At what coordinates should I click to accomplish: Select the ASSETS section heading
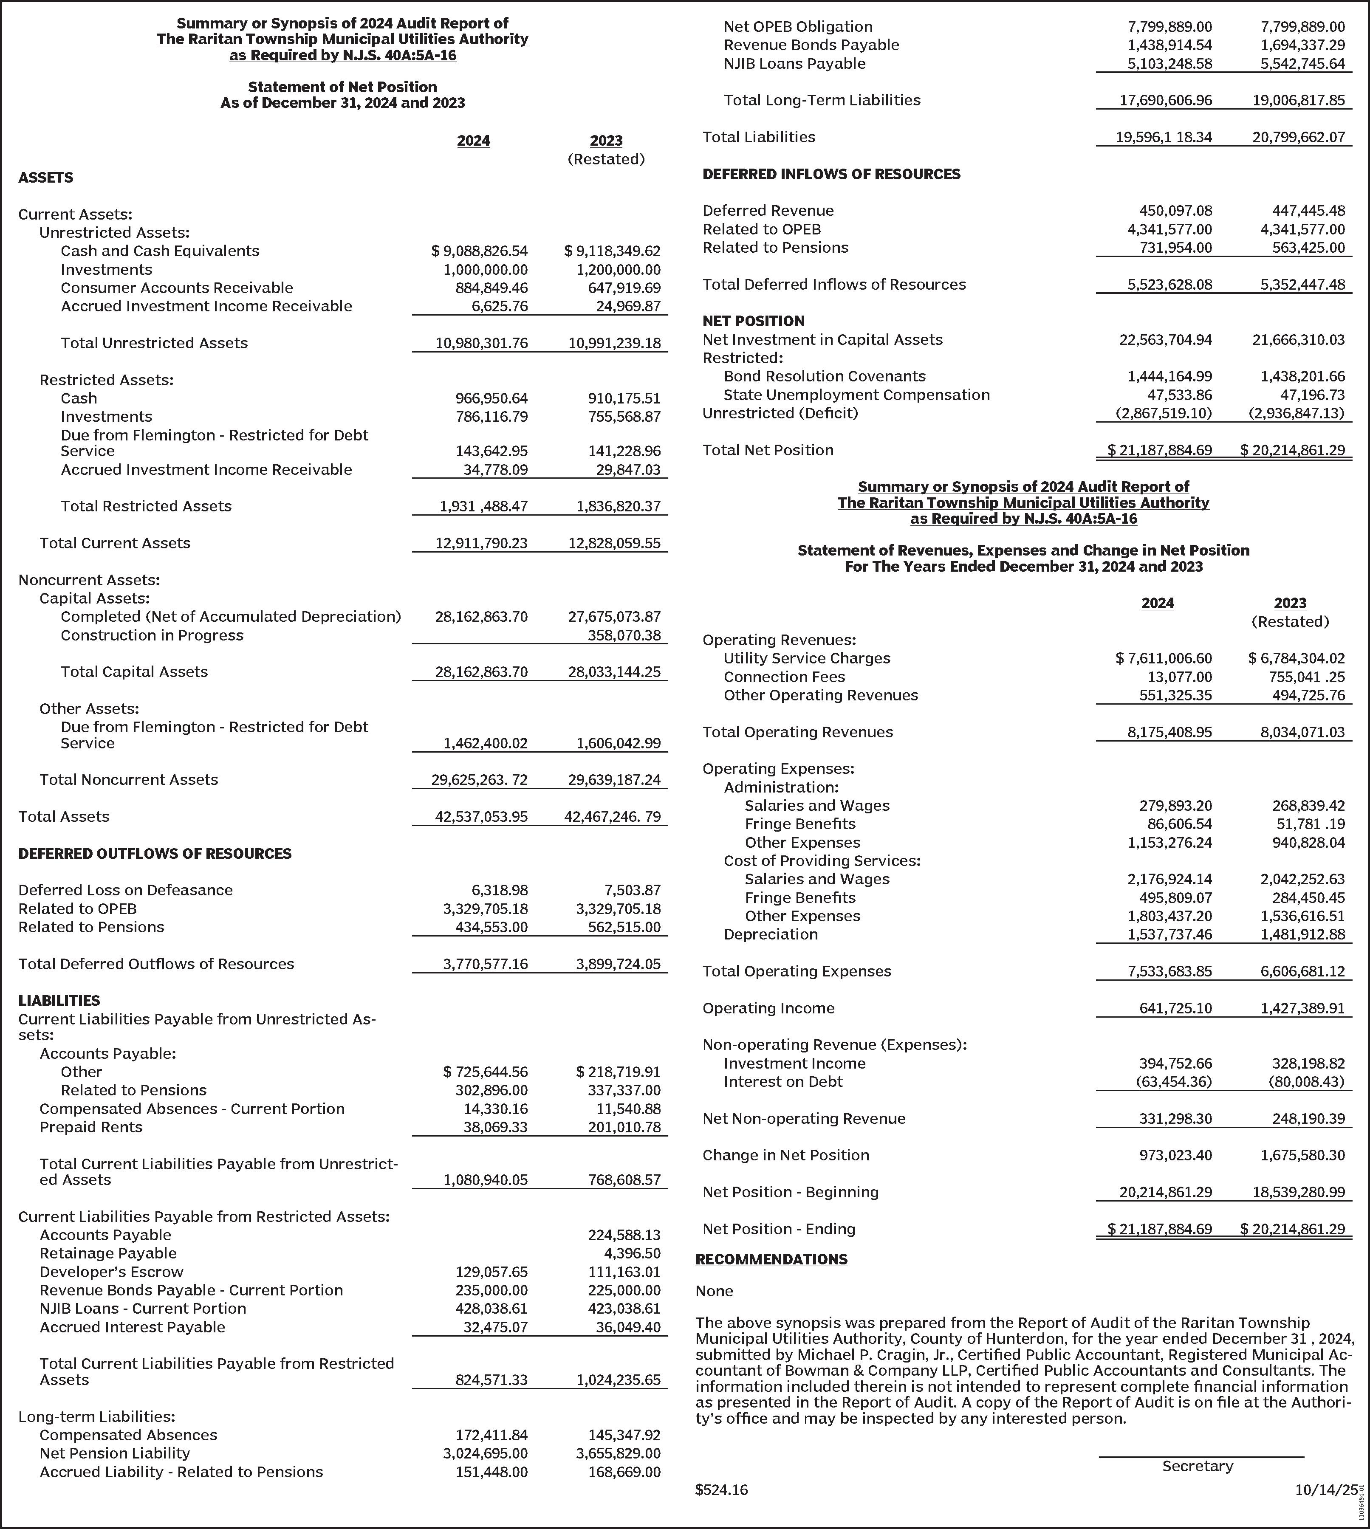(46, 178)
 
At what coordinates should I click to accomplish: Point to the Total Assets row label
(64, 816)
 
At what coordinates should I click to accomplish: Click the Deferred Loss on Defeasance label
(126, 890)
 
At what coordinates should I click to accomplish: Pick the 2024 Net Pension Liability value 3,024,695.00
(492, 1453)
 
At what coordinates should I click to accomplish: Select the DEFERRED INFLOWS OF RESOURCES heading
(831, 174)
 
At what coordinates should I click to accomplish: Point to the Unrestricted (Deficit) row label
(780, 413)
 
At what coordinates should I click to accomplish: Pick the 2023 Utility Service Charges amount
(1296, 658)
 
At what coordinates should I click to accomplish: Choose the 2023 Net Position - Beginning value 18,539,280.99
(1302, 1192)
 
